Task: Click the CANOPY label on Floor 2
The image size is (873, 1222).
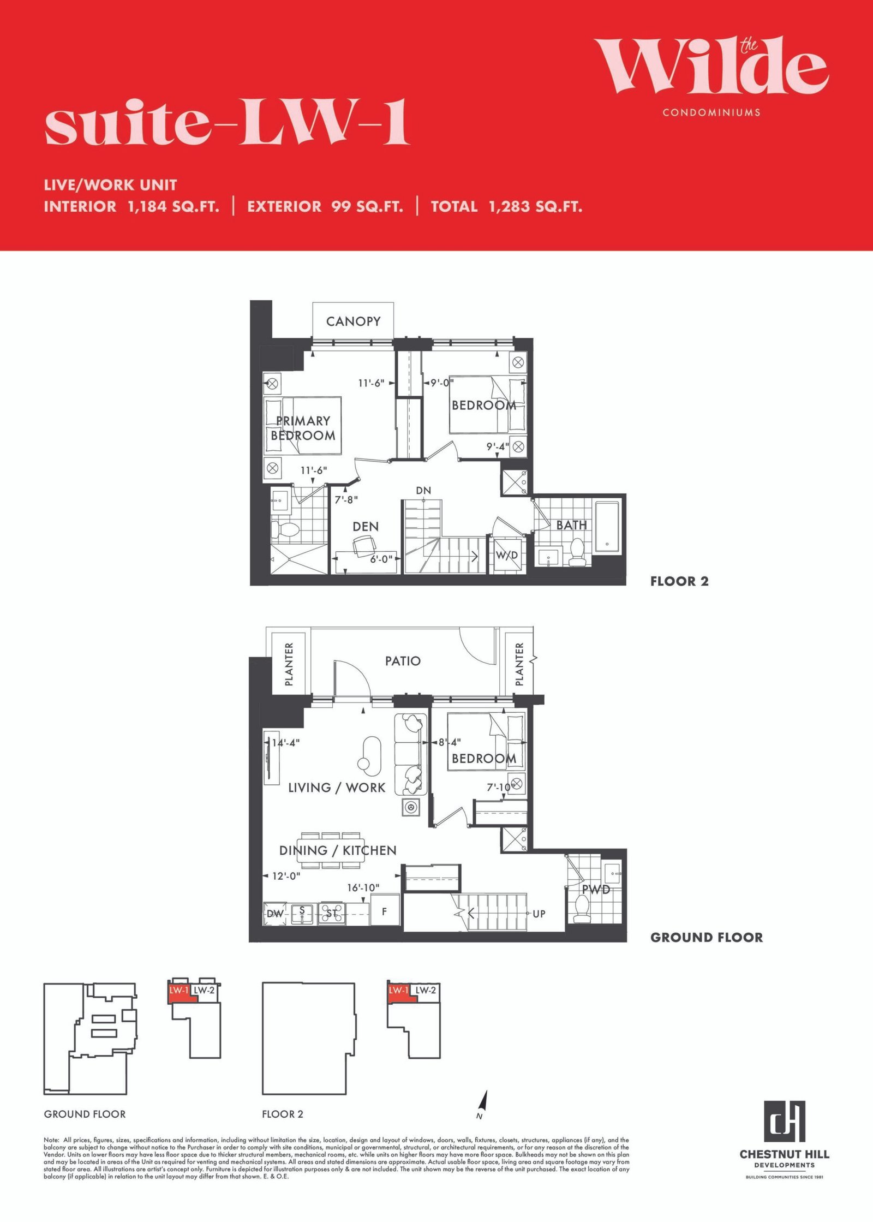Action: tap(353, 321)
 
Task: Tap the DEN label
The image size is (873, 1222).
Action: tap(366, 527)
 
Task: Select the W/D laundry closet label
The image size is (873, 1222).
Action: tap(507, 556)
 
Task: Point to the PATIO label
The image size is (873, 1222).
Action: tap(403, 661)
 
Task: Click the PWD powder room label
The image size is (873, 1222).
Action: tap(596, 890)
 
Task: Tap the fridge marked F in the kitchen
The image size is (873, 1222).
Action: tap(385, 911)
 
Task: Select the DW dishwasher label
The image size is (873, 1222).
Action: tap(275, 914)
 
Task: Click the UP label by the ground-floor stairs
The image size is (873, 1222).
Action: tap(539, 914)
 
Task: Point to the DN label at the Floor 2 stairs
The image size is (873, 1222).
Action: tap(423, 491)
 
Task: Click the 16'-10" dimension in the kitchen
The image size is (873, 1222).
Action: tap(363, 888)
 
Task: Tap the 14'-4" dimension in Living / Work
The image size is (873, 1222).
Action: tap(286, 743)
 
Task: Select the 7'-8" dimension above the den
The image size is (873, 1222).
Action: tap(346, 499)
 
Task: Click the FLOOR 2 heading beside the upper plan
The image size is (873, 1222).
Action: tap(679, 581)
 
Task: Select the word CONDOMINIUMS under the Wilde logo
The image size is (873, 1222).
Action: tap(711, 112)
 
